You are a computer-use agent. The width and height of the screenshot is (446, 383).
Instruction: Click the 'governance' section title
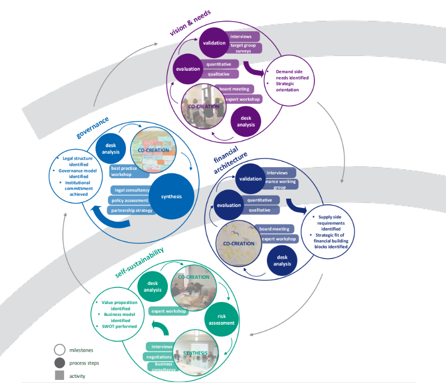[x=92, y=127]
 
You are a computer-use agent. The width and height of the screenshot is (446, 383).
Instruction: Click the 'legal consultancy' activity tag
[x=132, y=190]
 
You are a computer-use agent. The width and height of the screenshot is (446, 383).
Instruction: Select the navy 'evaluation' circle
[x=229, y=205]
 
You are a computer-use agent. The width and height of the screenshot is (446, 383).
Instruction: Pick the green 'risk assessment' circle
[x=221, y=320]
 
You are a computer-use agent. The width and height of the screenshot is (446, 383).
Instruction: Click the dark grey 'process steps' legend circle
[x=59, y=363]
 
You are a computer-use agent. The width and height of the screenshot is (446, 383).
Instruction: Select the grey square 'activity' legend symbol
[x=59, y=376]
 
